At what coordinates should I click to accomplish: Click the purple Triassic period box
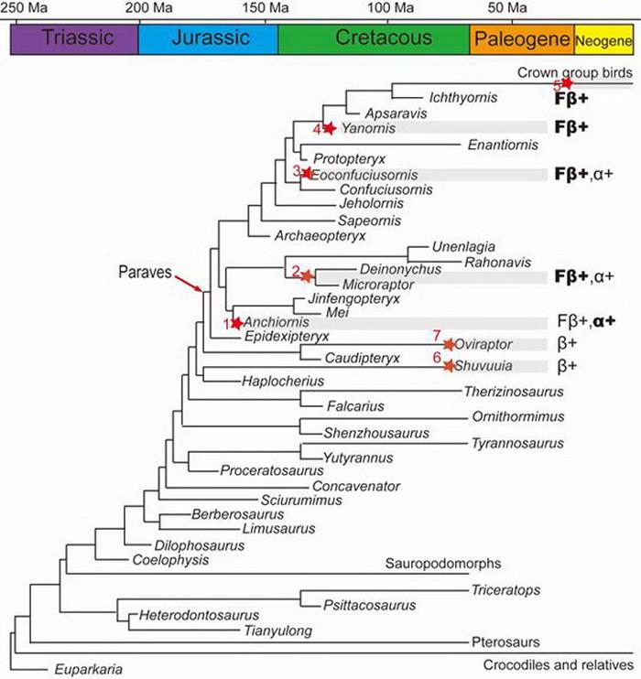74,38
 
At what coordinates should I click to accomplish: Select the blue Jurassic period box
208,38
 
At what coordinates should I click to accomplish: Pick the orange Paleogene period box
521,38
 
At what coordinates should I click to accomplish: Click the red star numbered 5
567,83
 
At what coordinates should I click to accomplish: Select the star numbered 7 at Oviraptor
449,344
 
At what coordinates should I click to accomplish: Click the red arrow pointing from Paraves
189,283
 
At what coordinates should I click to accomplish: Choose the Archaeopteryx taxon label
320,235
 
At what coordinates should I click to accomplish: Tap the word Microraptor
353,285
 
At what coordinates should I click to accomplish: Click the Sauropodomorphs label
443,563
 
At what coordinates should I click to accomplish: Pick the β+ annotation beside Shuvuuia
567,366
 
